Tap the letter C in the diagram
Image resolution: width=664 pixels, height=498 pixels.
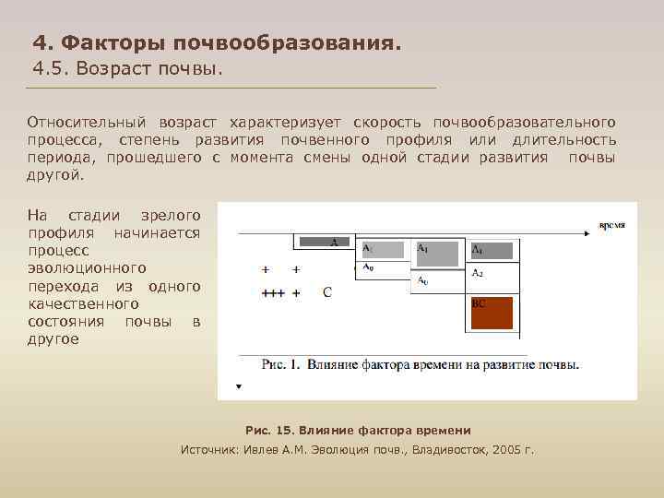326,292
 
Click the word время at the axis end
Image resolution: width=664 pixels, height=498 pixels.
611,224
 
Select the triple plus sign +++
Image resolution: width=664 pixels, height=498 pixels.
273,293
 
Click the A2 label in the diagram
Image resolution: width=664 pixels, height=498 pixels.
478,274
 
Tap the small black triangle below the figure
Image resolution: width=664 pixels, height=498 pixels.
239,386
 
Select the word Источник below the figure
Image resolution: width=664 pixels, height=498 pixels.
209,449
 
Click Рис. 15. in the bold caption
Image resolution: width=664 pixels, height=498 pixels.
267,431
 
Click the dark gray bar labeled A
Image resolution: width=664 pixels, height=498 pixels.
323,242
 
